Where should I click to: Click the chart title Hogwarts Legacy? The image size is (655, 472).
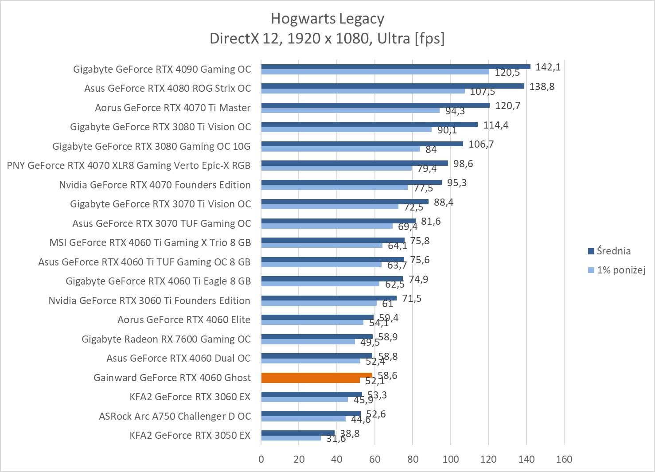pyautogui.click(x=327, y=19)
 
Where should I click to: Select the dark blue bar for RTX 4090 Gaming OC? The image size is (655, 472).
pyautogui.click(x=395, y=66)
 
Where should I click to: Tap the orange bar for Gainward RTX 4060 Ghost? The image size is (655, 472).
pyautogui.click(x=316, y=378)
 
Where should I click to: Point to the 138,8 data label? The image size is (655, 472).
pyautogui.click(x=542, y=86)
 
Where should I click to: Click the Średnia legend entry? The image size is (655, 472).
pyautogui.click(x=613, y=251)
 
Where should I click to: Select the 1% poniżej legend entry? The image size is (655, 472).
pyautogui.click(x=620, y=270)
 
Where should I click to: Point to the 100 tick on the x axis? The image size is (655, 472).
pyautogui.click(x=450, y=459)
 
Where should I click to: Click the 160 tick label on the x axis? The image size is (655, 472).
pyautogui.click(x=564, y=459)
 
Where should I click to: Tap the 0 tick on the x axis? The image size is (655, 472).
pyautogui.click(x=261, y=459)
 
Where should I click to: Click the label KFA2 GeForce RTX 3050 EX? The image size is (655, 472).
pyautogui.click(x=190, y=435)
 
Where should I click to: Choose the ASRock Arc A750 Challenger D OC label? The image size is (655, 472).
pyautogui.click(x=175, y=416)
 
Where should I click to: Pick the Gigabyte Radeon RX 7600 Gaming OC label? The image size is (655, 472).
pyautogui.click(x=166, y=339)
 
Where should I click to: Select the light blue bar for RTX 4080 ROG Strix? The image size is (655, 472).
pyautogui.click(x=363, y=91)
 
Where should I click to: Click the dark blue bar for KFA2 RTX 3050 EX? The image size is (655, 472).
pyautogui.click(x=298, y=433)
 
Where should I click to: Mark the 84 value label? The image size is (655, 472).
pyautogui.click(x=431, y=149)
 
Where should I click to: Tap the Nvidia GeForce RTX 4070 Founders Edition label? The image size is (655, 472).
pyautogui.click(x=155, y=185)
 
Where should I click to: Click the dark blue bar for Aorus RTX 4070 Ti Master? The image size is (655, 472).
pyautogui.click(x=375, y=105)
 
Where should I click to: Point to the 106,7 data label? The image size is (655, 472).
pyautogui.click(x=481, y=144)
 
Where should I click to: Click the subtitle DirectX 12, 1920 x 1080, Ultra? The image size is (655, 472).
pyautogui.click(x=327, y=39)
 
